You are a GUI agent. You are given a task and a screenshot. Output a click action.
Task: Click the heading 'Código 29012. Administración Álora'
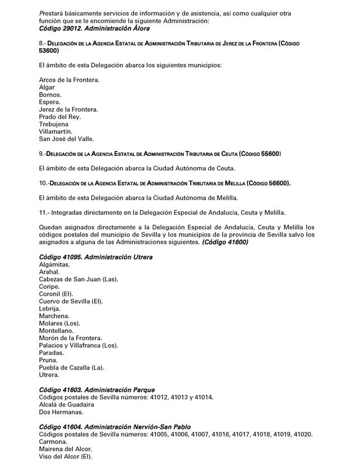click(94, 28)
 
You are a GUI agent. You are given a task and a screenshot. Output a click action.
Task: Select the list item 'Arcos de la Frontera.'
click(69, 80)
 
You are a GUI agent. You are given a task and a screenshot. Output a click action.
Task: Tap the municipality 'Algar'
click(47, 87)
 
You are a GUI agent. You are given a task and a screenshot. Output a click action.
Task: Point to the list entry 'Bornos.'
click(50, 95)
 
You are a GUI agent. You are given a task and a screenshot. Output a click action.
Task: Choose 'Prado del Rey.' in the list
click(60, 117)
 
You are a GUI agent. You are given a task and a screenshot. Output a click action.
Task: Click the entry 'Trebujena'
click(54, 124)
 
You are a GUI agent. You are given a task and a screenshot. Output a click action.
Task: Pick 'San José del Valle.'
click(66, 139)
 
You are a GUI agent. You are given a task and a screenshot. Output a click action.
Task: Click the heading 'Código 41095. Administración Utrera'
click(95, 257)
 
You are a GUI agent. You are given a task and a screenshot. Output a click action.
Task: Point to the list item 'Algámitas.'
click(54, 264)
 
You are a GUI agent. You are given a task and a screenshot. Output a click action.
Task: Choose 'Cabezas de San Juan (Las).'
click(79, 279)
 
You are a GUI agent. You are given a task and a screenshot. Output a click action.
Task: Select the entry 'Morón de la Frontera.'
click(71, 338)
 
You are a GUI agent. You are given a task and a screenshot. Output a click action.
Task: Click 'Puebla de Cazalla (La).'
click(72, 367)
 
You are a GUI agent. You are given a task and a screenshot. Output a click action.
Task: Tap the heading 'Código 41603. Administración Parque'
click(96, 390)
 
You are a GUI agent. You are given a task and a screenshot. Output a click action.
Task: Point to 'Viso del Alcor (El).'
click(65, 456)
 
